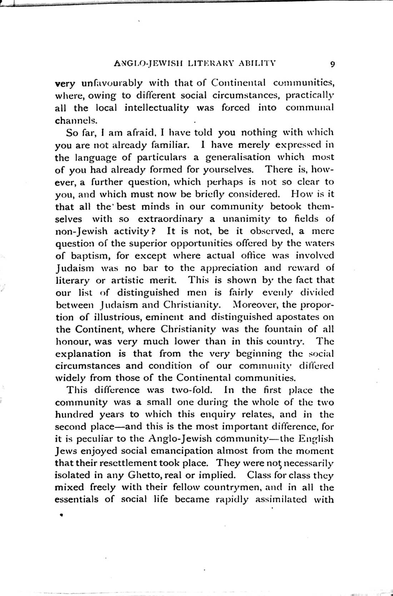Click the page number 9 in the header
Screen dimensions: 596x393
coord(332,64)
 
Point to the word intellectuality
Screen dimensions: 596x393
coord(156,108)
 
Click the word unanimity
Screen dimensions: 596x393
coord(247,219)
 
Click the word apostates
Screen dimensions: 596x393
coord(295,317)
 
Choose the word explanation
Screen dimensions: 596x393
coord(83,354)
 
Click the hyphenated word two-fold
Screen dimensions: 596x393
coord(192,390)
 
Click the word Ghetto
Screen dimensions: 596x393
coord(149,475)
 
